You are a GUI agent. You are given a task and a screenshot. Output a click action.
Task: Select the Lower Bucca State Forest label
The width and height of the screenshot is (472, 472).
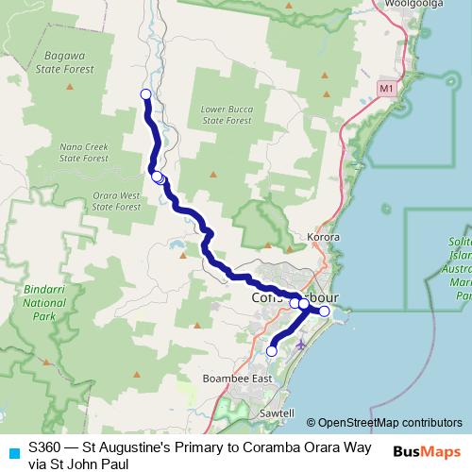(x=226, y=114)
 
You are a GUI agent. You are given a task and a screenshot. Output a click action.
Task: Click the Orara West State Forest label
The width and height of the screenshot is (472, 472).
(x=116, y=200)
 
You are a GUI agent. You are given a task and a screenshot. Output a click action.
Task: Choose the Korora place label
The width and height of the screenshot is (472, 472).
(x=324, y=237)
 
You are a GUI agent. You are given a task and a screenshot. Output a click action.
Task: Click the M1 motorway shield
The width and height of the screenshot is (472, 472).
(x=385, y=88)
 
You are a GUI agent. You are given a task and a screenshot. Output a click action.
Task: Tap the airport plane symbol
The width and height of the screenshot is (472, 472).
(x=301, y=344)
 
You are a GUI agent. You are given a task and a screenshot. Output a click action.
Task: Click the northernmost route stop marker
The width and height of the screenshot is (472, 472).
(x=145, y=93)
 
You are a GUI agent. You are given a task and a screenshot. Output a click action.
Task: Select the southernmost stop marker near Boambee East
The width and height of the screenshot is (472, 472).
(x=272, y=351)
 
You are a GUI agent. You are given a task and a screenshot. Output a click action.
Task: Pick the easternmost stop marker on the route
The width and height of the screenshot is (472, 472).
(x=324, y=311)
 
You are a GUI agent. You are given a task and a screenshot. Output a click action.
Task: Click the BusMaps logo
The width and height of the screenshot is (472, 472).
(x=430, y=452)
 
